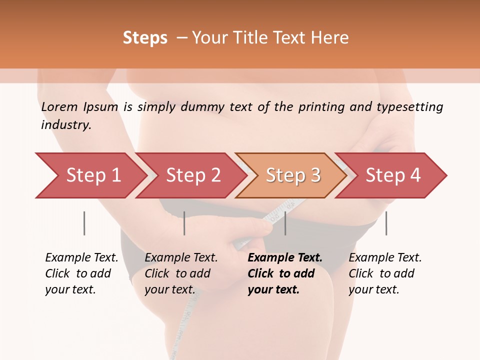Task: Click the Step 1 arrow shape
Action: pos(90,175)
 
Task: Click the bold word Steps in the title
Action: pos(145,38)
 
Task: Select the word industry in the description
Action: pos(65,125)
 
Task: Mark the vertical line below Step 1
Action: pos(84,223)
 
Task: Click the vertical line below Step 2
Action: pos(184,223)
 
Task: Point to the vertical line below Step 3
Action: pos(285,223)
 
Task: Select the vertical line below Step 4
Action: pos(386,223)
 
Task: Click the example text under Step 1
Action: pos(81,273)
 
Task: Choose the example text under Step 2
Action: pos(181,273)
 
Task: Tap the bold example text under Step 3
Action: pos(284,273)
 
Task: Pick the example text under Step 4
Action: pos(385,273)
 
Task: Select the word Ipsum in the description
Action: pos(101,107)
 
